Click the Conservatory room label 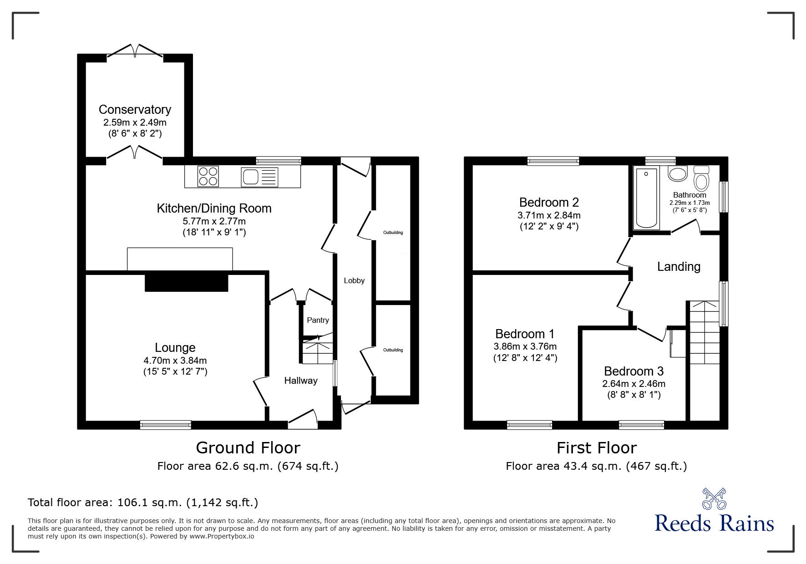135,110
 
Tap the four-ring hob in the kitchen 208,176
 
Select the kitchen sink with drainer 260,176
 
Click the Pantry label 318,320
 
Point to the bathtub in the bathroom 646,198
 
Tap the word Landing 678,267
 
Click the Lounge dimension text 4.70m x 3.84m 175,361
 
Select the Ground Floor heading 248,448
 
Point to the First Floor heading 596,448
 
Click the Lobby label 354,281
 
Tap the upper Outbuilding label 393,233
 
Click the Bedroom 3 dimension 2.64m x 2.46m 634,384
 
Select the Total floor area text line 143,503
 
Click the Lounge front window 166,425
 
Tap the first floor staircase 704,332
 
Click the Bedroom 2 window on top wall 553,160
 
